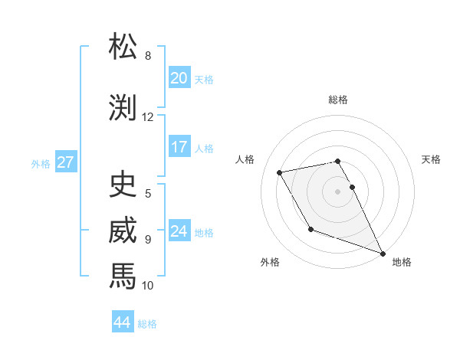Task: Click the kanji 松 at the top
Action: (x=123, y=47)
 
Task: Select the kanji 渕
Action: (x=123, y=107)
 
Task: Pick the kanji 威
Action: (x=123, y=231)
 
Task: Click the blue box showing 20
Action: (x=179, y=78)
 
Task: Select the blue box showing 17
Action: (x=179, y=147)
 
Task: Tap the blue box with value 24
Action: (x=179, y=231)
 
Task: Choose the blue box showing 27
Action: (x=65, y=162)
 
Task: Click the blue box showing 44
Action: (x=123, y=322)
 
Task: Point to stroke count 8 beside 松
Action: (x=148, y=56)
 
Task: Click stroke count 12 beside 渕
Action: (x=148, y=117)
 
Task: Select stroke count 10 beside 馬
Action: (x=148, y=286)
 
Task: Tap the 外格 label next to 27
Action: (x=41, y=163)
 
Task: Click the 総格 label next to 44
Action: (x=147, y=324)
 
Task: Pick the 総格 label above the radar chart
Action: (x=338, y=100)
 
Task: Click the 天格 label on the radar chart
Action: (x=431, y=159)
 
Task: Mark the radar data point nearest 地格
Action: (x=383, y=254)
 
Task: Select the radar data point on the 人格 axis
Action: (x=280, y=172)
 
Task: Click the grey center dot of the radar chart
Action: (x=338, y=191)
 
